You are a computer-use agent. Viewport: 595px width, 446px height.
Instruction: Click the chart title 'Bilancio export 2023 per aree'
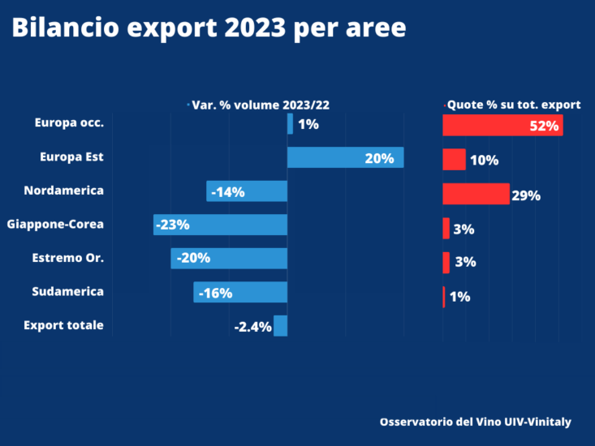click(x=209, y=29)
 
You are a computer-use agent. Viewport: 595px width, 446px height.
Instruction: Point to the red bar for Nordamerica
click(x=476, y=194)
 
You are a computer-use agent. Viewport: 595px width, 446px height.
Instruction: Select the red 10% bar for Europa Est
click(x=454, y=159)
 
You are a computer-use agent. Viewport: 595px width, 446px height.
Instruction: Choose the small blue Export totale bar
click(x=280, y=326)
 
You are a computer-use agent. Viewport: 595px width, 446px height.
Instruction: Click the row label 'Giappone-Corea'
click(x=55, y=224)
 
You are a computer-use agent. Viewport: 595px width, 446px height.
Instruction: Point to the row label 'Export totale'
click(x=63, y=325)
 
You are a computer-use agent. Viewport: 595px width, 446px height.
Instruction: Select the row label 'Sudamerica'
click(x=68, y=291)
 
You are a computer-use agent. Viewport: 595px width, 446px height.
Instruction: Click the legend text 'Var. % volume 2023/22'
click(x=260, y=105)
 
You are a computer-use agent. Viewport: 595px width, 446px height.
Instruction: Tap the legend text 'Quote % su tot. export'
click(x=514, y=105)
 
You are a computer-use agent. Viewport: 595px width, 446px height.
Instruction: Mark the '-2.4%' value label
click(x=252, y=327)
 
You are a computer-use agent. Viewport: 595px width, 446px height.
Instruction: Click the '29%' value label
click(x=526, y=195)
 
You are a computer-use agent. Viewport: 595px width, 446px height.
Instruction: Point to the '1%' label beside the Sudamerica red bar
click(x=459, y=297)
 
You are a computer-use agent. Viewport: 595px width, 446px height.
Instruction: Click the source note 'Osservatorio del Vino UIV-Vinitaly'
click(x=475, y=422)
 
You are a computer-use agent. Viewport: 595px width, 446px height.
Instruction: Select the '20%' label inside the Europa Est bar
click(x=379, y=158)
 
